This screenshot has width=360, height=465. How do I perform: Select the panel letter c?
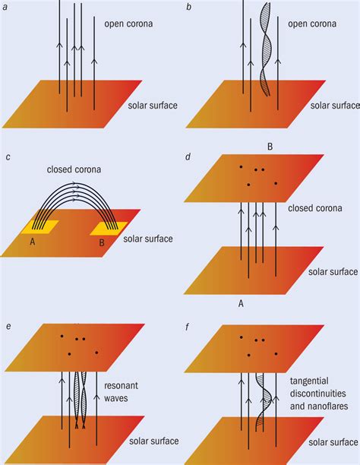click(x=7, y=157)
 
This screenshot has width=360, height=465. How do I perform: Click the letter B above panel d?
click(x=269, y=144)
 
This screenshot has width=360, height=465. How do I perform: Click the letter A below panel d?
click(x=242, y=302)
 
